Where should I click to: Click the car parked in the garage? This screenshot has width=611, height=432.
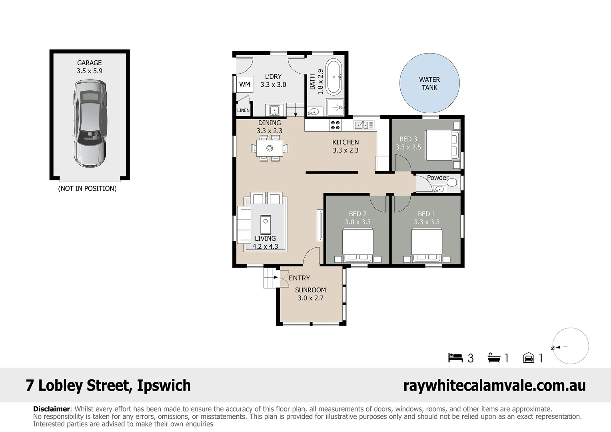point(90,124)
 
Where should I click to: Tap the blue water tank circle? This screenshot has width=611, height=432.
point(429,83)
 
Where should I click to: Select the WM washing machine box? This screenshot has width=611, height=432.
point(245,84)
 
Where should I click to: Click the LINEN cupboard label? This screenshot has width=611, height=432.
point(243,110)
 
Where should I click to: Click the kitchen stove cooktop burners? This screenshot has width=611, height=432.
point(335,125)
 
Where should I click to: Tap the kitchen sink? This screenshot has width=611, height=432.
point(364,125)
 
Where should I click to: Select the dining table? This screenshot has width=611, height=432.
point(270,148)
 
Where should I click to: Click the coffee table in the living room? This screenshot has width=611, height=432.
point(266,224)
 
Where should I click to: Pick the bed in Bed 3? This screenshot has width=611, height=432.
point(442,145)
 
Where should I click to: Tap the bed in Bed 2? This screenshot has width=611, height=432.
point(358,245)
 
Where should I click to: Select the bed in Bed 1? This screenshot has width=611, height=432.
point(427,245)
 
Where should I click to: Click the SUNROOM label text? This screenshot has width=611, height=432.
point(310,290)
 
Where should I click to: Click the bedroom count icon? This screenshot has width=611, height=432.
point(455,358)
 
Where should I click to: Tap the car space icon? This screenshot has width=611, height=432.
point(528,358)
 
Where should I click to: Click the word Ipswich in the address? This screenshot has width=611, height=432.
point(164,386)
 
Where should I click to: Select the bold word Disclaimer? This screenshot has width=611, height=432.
point(52,409)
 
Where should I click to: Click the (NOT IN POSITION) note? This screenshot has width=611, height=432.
point(87,188)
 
